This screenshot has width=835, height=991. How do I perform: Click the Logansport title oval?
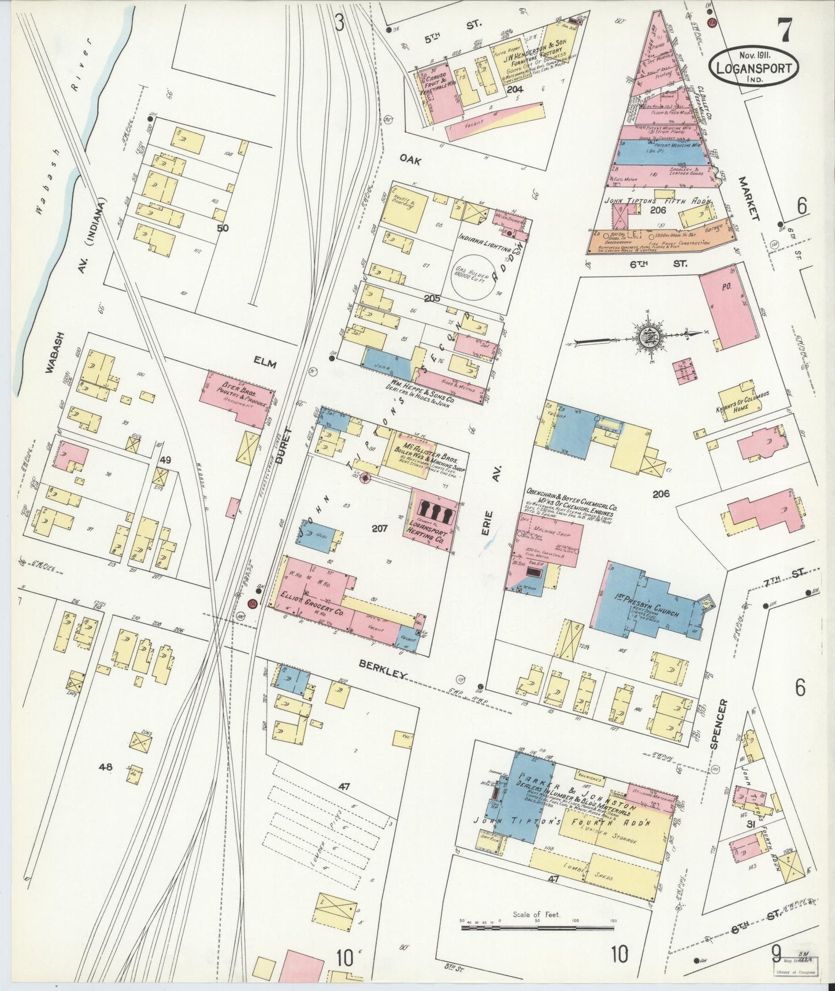point(754,66)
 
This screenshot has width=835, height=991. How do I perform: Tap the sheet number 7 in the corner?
point(784,30)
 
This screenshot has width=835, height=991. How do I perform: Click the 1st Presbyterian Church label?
point(655,607)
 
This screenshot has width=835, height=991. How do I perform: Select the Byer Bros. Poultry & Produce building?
point(236,397)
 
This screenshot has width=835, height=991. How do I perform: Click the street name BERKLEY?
point(384,671)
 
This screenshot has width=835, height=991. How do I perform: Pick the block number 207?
point(379,528)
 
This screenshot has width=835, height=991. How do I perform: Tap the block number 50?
point(222,228)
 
